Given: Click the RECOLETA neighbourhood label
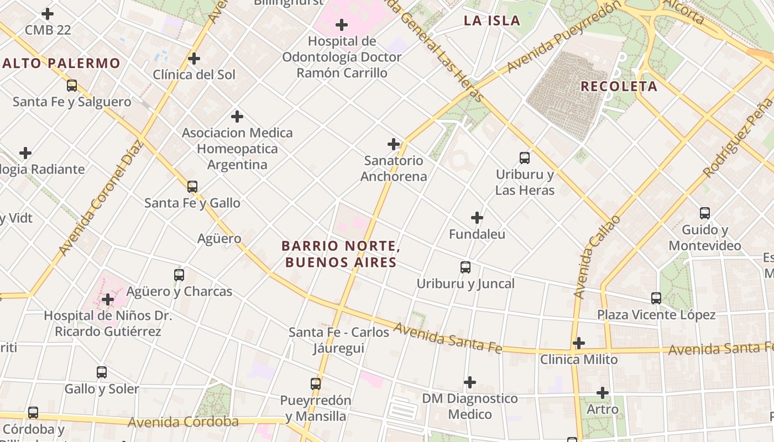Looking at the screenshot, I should [x=619, y=86].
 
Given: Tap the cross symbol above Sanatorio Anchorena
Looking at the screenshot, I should [x=394, y=144].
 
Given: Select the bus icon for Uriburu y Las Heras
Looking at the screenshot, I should [x=525, y=158].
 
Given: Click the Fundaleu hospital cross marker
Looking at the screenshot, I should [x=477, y=218].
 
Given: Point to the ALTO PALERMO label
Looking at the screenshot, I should [x=61, y=63].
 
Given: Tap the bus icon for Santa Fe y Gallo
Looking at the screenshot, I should [x=192, y=187].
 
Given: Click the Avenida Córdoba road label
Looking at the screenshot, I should [x=183, y=422].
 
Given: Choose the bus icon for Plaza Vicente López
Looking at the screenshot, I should [x=656, y=298].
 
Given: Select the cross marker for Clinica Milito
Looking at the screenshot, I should [x=579, y=343].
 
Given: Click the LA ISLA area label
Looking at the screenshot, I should [x=492, y=21].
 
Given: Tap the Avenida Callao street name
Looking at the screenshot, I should [x=598, y=257].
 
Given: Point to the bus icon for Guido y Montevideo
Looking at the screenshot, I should [x=705, y=213].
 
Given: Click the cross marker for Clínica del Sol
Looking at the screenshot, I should [x=194, y=58].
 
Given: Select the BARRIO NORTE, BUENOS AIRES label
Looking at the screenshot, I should [x=340, y=254].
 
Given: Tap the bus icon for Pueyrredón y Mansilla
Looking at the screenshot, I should [x=316, y=383].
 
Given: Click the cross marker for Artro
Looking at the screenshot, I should [x=603, y=393].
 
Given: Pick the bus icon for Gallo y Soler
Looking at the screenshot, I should [x=102, y=372].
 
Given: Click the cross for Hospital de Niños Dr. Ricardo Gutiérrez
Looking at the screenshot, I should [x=108, y=299].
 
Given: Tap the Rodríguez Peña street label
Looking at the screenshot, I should [x=738, y=138].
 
